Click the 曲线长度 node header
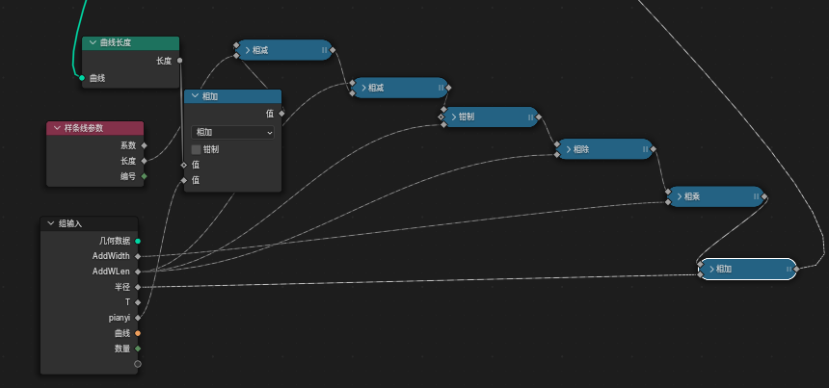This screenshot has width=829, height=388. (x=130, y=43)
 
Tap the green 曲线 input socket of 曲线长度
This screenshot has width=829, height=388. (x=82, y=78)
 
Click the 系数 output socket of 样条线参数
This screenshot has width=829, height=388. (x=145, y=145)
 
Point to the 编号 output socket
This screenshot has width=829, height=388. (x=145, y=176)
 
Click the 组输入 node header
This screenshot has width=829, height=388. (x=89, y=223)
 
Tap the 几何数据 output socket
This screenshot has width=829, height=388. (x=138, y=241)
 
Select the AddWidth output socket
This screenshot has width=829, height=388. (x=138, y=256)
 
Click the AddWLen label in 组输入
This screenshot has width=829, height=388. (x=111, y=272)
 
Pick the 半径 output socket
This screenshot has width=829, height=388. (x=138, y=287)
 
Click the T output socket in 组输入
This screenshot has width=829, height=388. (x=138, y=302)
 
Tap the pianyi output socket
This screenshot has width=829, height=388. (x=138, y=318)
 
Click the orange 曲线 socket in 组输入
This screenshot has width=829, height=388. (x=138, y=333)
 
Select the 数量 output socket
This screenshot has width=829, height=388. (x=138, y=349)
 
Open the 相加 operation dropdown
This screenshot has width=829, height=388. (x=232, y=132)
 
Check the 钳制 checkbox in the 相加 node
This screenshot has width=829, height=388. (x=196, y=149)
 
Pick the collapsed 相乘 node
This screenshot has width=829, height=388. (x=714, y=196)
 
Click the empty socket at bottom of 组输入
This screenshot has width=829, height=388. (x=138, y=364)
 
